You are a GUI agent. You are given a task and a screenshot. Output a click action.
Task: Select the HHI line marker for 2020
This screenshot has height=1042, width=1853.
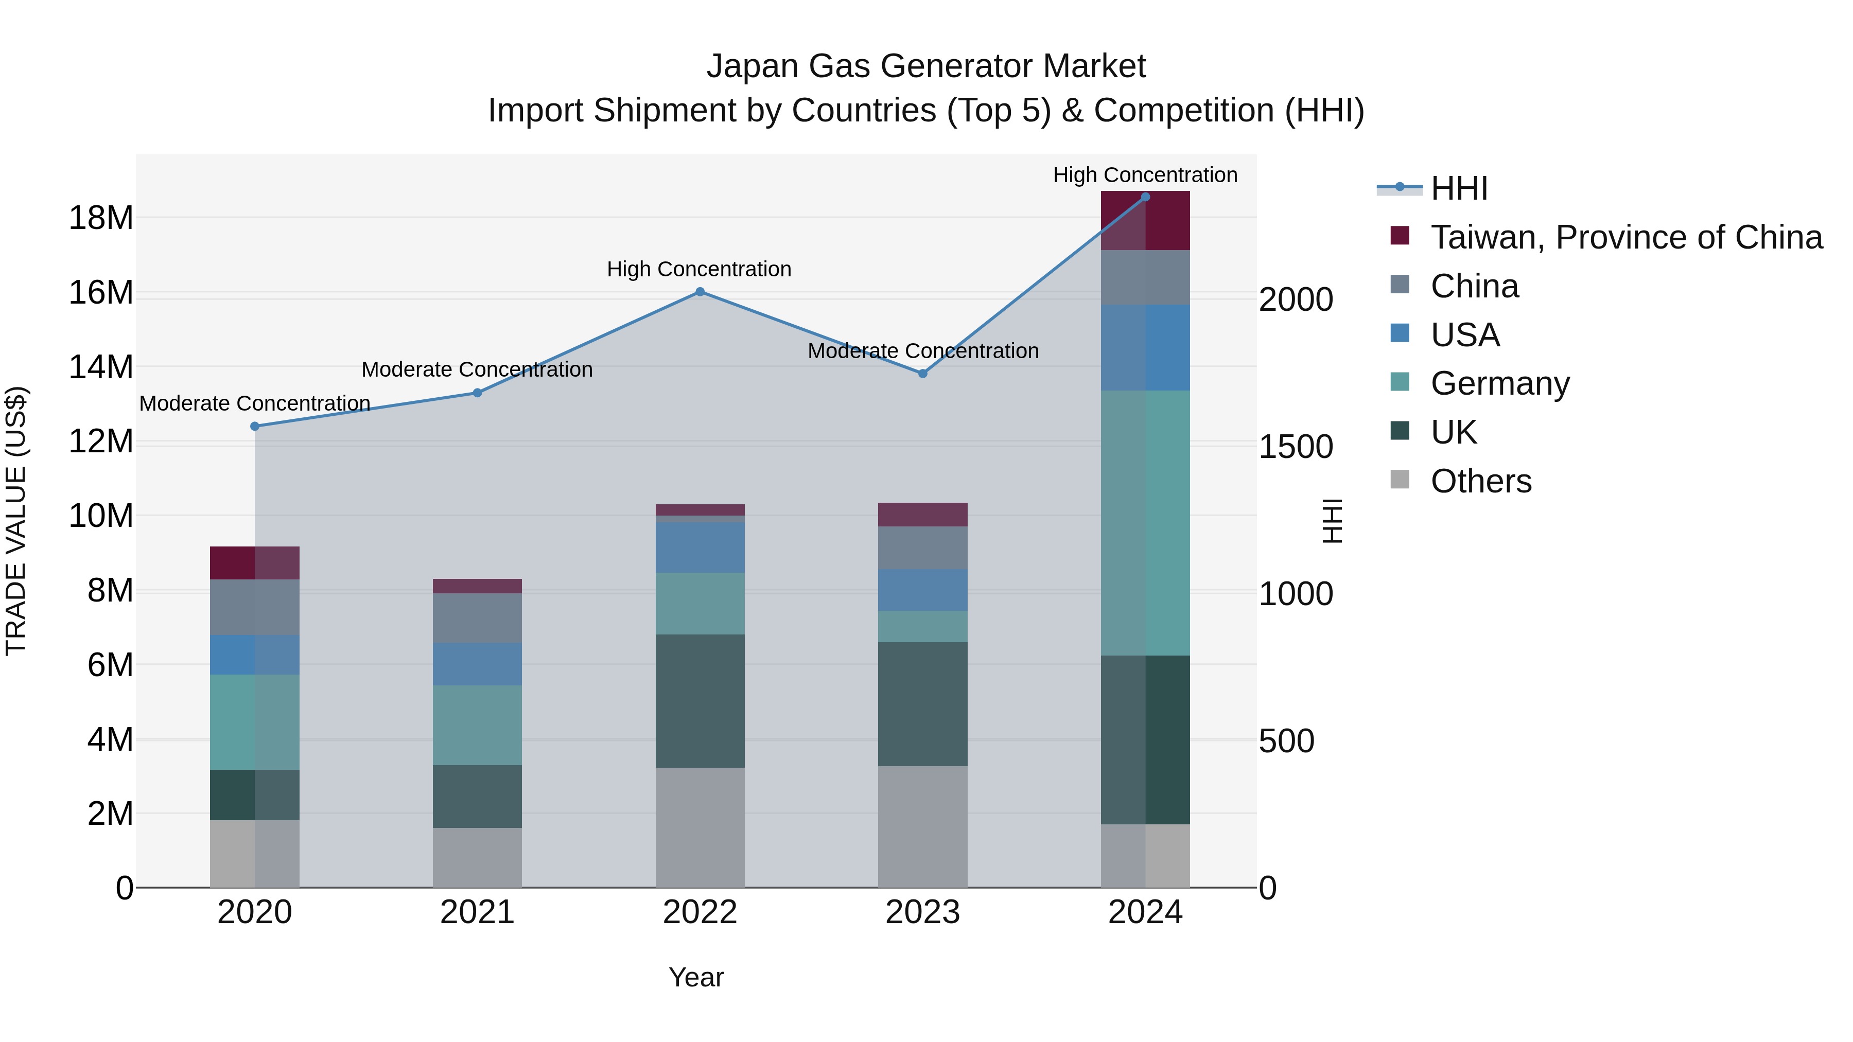[x=255, y=427]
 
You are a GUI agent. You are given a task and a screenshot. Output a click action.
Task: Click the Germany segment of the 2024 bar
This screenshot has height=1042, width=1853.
[x=1145, y=523]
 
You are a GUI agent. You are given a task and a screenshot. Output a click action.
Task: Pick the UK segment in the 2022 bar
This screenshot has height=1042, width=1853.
[x=700, y=701]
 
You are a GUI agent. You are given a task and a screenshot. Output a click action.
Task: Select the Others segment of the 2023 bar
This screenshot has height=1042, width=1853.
[x=923, y=827]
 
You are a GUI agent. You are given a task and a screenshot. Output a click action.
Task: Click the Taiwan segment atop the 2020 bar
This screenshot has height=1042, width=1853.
[x=255, y=563]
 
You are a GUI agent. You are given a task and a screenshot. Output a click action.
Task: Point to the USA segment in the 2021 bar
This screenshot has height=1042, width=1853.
[x=477, y=664]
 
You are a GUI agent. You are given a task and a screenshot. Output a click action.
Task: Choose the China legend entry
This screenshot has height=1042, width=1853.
[x=1475, y=286]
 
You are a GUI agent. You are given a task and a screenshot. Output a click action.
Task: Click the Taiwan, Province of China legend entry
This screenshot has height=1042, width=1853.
[x=1625, y=237]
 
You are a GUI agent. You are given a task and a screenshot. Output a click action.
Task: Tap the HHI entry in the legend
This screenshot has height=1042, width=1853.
[x=1459, y=188]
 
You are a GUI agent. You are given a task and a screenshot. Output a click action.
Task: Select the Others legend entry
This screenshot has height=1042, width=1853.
[x=1480, y=481]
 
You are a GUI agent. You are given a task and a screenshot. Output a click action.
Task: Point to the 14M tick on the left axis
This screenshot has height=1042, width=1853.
[x=101, y=367]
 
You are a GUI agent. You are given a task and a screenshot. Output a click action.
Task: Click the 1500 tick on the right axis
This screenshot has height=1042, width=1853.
[x=1296, y=447]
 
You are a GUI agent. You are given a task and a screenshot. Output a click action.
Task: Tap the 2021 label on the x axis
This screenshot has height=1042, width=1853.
[x=477, y=912]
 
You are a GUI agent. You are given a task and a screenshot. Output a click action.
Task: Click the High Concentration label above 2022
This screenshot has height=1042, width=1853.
[x=698, y=270]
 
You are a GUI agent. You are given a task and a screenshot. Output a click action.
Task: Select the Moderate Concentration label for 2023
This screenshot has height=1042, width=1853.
[x=923, y=351]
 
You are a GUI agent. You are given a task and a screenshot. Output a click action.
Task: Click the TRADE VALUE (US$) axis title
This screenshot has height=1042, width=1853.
[x=16, y=521]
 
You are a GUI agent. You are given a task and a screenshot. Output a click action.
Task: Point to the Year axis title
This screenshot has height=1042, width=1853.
[x=695, y=977]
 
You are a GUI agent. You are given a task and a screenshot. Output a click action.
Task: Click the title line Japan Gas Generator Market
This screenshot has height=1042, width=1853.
[x=926, y=66]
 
